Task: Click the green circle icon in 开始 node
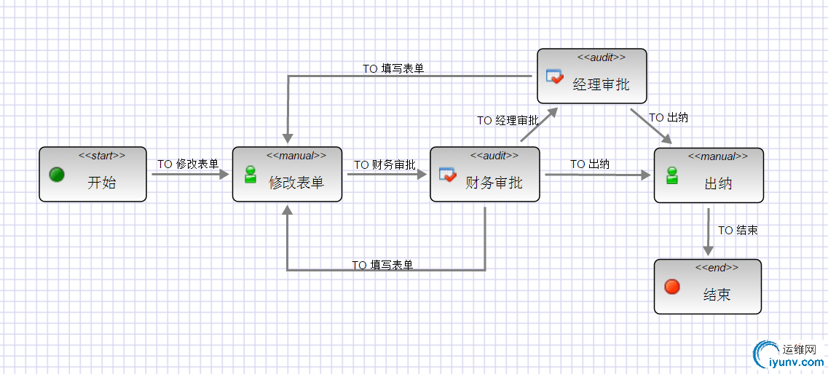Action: tap(57, 175)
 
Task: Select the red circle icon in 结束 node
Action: tap(672, 287)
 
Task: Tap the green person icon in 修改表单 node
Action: tap(251, 175)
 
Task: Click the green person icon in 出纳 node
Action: tap(672, 175)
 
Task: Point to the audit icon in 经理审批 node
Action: tap(555, 76)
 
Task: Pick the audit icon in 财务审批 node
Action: tap(447, 175)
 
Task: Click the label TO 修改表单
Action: tap(188, 164)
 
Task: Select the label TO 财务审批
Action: tap(385, 165)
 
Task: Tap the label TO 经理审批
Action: tap(508, 120)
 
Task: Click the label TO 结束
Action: tap(738, 230)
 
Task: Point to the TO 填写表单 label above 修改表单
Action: tap(393, 68)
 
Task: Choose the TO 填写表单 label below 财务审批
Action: tap(382, 265)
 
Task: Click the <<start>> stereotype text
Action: tap(102, 155)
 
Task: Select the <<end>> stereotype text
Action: tap(717, 268)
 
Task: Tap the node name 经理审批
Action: tap(601, 84)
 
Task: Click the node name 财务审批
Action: tap(494, 183)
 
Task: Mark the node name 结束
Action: tap(717, 295)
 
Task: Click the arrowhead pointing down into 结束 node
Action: tap(708, 250)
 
